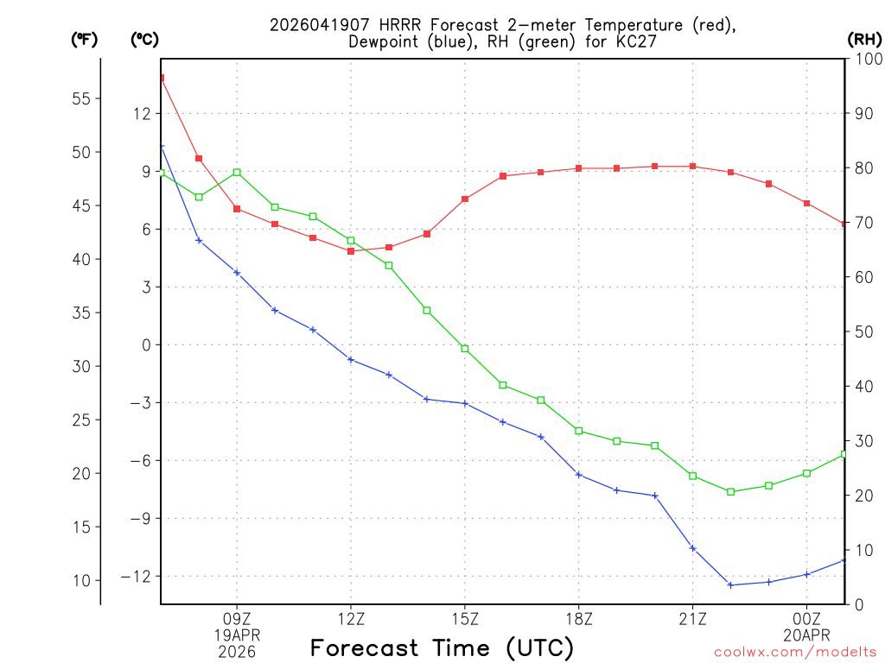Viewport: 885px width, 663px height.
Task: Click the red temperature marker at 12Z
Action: pos(351,251)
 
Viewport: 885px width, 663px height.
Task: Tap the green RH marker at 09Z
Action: pos(237,173)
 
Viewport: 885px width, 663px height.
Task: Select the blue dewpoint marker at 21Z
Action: pos(692,548)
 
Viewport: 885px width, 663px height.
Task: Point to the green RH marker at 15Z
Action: pos(465,349)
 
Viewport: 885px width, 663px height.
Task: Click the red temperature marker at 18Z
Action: pos(579,168)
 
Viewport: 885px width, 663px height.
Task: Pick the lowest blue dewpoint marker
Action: pos(730,585)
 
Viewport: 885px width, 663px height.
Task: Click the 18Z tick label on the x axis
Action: pos(579,619)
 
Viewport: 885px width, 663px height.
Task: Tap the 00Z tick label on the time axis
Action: pos(806,619)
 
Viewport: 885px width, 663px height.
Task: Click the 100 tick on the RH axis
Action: pos(866,59)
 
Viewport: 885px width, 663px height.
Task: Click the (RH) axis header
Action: pos(864,39)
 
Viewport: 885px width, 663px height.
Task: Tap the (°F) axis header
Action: pos(84,39)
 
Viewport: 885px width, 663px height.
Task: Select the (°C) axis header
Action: pos(144,39)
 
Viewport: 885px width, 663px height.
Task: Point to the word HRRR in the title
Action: pos(372,24)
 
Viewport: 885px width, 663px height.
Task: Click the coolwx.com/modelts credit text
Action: pos(795,652)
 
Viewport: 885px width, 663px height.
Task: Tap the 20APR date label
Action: pos(806,635)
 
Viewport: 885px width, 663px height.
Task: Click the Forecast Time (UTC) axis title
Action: pos(442,647)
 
